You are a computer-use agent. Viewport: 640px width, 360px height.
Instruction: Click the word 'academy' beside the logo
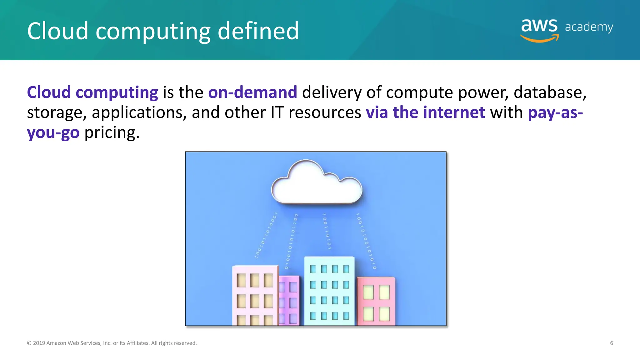[x=589, y=27]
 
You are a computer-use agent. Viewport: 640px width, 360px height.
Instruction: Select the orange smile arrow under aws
[x=540, y=39]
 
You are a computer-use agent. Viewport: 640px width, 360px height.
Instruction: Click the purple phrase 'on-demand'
[x=252, y=92]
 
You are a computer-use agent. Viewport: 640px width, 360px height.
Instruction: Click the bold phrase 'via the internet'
[x=425, y=112]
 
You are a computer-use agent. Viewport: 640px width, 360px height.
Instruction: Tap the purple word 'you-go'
[x=53, y=132]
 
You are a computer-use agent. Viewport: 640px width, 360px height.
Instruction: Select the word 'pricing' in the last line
[x=112, y=132]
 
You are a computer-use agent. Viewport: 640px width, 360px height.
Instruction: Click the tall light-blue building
[x=329, y=291]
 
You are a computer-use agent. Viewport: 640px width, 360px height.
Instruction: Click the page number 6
[x=611, y=343]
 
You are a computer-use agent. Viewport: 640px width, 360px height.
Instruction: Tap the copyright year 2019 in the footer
[x=39, y=343]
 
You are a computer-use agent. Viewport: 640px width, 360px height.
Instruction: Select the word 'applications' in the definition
[x=139, y=112]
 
